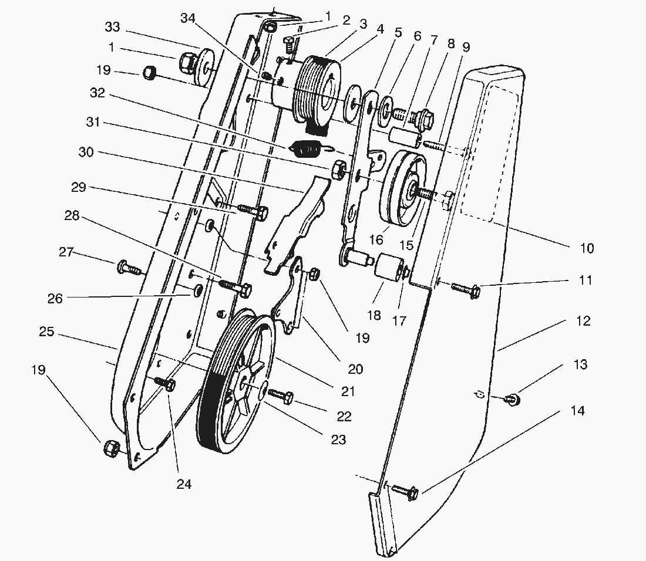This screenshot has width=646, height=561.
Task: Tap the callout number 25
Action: click(x=47, y=332)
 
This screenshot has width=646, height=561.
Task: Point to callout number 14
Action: click(x=578, y=411)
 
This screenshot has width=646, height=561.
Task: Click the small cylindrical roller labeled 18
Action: click(x=387, y=268)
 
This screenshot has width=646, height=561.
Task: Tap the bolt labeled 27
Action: click(x=130, y=269)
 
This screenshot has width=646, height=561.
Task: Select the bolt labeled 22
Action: click(x=281, y=398)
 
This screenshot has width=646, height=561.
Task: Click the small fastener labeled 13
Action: click(x=513, y=400)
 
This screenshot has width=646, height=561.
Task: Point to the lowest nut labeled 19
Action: click(x=111, y=449)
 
